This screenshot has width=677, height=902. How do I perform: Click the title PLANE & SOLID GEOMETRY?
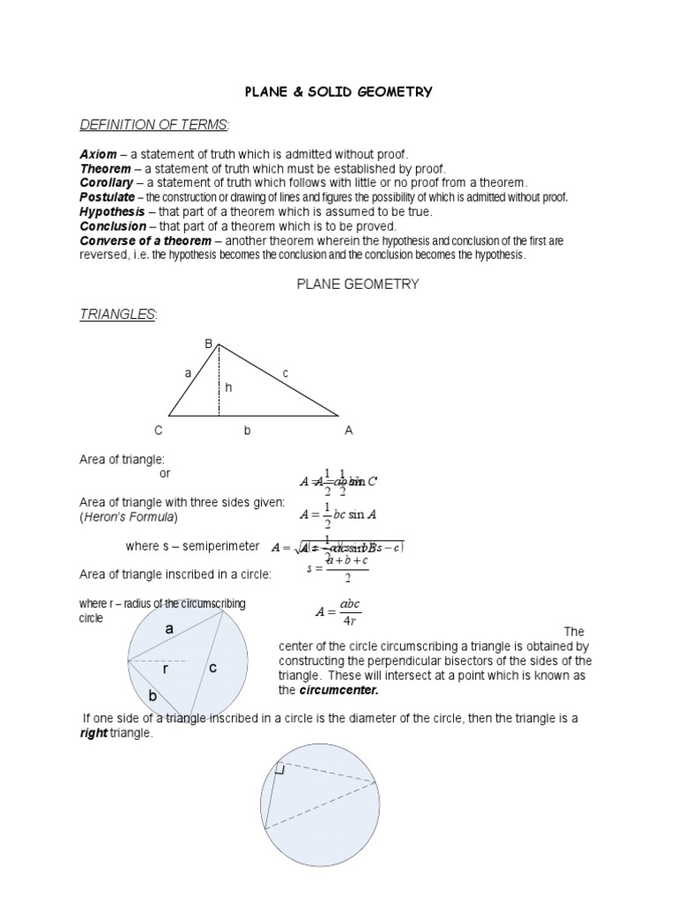[338, 92]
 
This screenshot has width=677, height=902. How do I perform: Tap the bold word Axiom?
[99, 154]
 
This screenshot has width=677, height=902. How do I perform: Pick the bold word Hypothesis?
[113, 211]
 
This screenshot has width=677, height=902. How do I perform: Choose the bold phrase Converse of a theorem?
[145, 240]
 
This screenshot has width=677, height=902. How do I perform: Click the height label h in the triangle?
[227, 387]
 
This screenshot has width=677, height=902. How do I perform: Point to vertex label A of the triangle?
[348, 431]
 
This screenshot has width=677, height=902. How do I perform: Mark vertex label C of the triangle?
[159, 431]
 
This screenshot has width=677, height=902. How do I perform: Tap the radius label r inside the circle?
[165, 670]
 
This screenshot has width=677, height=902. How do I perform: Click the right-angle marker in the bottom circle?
[279, 769]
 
